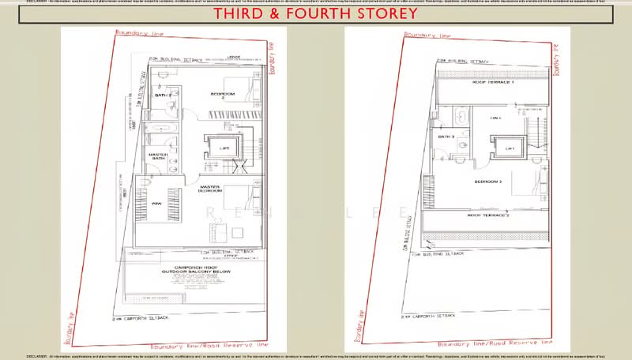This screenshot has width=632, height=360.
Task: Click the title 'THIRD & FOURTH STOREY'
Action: pyautogui.click(x=315, y=15)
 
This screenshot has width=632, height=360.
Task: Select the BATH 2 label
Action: pyautogui.click(x=163, y=96)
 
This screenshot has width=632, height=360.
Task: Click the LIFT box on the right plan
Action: pyautogui.click(x=510, y=148)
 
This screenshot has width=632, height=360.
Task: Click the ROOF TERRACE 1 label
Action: pyautogui.click(x=493, y=82)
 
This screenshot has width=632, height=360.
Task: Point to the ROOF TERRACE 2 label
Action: pyautogui.click(x=487, y=215)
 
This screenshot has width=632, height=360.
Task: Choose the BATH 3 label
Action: pyautogui.click(x=446, y=137)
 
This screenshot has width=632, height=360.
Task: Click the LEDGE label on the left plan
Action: pyautogui.click(x=233, y=57)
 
